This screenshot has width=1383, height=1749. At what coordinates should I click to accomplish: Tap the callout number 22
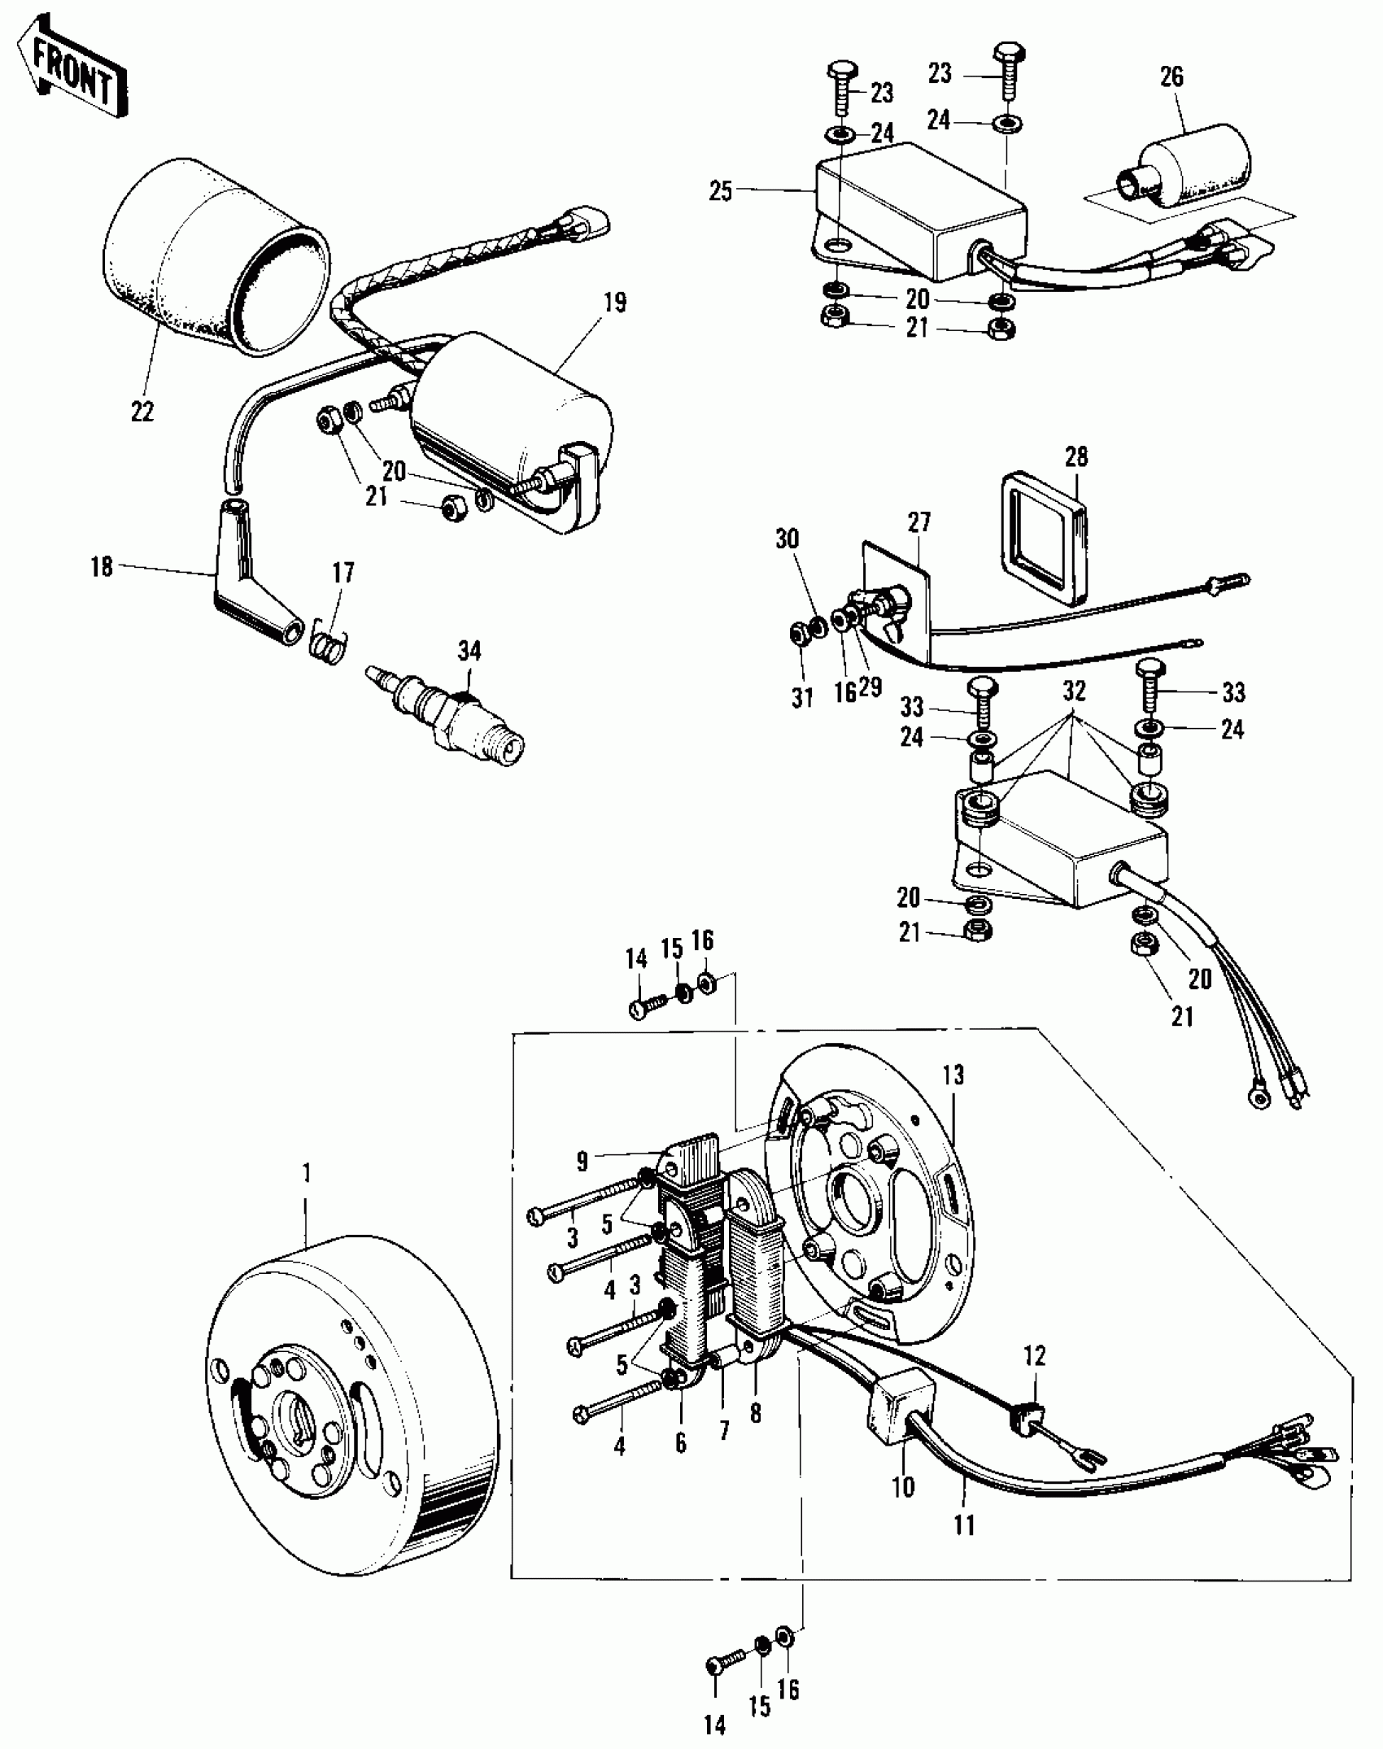(142, 412)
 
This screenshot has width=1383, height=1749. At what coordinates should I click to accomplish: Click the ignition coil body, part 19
(508, 423)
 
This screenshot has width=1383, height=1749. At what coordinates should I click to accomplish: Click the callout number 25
(721, 192)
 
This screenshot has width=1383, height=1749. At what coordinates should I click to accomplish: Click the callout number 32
(1075, 691)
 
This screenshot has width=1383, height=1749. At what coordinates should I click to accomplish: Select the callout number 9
(582, 1162)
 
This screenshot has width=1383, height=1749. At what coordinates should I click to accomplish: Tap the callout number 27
(919, 521)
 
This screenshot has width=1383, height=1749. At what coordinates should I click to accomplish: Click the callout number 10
(903, 1487)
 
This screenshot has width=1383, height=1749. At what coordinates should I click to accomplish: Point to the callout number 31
(802, 698)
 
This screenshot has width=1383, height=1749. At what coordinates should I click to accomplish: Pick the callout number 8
(756, 1414)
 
